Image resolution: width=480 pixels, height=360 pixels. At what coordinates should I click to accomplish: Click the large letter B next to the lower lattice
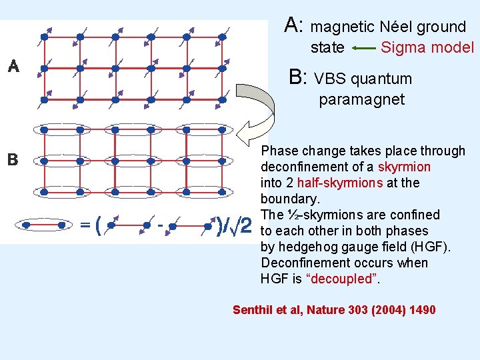(12, 161)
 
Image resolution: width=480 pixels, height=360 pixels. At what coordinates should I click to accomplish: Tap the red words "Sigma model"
(427, 47)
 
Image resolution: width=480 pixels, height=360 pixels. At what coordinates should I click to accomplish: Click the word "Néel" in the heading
(398, 27)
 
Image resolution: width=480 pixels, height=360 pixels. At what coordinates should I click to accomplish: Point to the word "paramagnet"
(361, 100)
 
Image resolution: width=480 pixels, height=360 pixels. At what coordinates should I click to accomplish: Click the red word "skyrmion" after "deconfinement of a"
(404, 167)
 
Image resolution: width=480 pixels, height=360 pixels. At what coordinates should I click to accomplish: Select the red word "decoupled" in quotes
(343, 279)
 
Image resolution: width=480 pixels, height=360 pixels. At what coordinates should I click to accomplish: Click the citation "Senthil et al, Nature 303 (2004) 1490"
(334, 310)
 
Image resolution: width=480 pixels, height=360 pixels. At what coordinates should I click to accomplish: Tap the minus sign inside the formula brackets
(160, 225)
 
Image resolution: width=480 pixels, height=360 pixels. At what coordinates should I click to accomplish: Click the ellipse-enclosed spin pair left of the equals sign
(44, 225)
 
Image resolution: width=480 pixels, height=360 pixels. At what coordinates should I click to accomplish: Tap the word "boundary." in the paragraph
(291, 199)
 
